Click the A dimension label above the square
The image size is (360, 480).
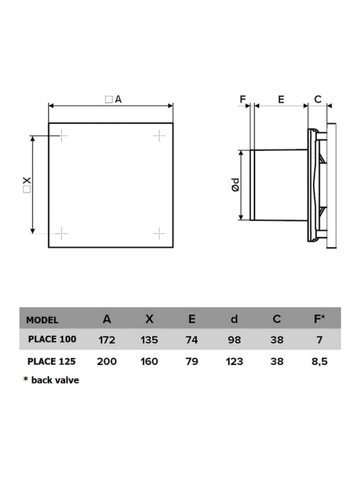(x=114, y=99)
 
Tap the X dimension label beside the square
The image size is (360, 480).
(x=27, y=185)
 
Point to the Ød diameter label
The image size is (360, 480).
(x=236, y=185)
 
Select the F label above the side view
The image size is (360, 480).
(x=242, y=99)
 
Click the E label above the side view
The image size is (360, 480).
(x=281, y=99)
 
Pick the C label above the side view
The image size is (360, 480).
(x=318, y=99)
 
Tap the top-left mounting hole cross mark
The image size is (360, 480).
(x=61, y=135)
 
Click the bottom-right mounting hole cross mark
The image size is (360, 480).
(x=159, y=234)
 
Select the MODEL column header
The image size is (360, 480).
(x=42, y=320)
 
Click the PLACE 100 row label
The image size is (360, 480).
(x=52, y=339)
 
